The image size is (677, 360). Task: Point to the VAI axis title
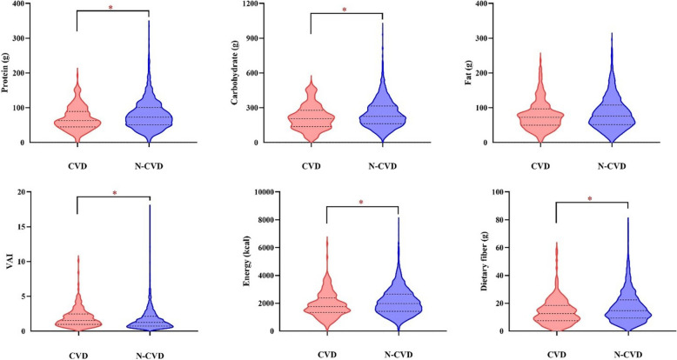tap(10, 262)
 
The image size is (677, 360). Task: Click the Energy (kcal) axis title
tap(246, 262)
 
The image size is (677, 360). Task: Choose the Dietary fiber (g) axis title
tap(484, 262)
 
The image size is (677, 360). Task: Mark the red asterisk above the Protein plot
tap(111, 8)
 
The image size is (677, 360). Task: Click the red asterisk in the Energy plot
tap(361, 203)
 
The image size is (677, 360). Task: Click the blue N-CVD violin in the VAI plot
tap(150, 319)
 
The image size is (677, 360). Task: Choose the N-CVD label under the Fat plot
tap(612, 167)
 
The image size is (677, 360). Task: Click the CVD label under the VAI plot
tap(77, 357)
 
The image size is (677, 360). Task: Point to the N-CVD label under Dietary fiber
tap(627, 356)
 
